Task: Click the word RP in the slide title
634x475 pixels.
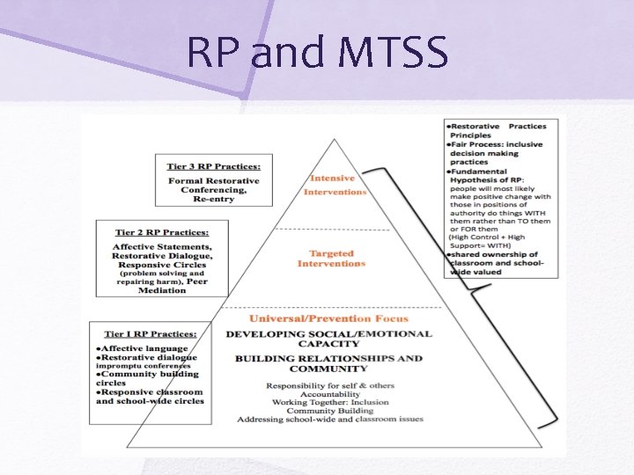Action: [215, 54]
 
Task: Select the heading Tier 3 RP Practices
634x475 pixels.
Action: [219, 165]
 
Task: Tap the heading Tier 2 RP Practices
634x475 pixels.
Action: [161, 232]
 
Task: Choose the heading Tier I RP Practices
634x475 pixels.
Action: [150, 334]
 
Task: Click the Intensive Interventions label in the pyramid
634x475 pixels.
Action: [335, 185]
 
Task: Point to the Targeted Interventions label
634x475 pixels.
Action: [330, 259]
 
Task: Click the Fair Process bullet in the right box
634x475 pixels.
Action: [495, 143]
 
